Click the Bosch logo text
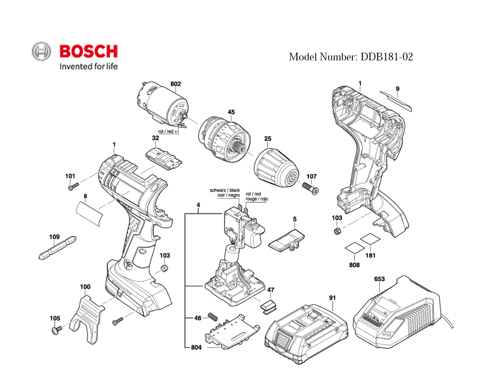[88, 51]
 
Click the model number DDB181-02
[351, 57]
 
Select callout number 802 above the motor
[176, 84]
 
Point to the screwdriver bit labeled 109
[58, 249]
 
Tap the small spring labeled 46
[212, 317]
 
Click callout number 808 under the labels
[354, 265]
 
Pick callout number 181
[370, 255]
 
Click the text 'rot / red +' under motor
[168, 131]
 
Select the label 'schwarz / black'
[225, 190]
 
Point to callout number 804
[196, 347]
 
